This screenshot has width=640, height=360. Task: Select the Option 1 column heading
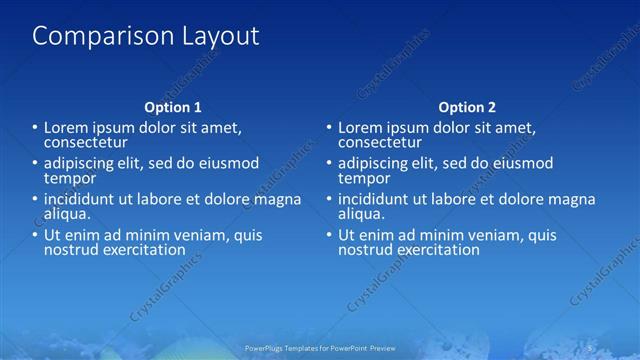[x=173, y=107]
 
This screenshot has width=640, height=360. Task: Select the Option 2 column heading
[x=467, y=107]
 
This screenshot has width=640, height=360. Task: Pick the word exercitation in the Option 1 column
[x=144, y=249]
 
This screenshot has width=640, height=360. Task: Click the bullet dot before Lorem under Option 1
[x=35, y=128]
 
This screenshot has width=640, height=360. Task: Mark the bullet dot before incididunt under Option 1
[x=35, y=199]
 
